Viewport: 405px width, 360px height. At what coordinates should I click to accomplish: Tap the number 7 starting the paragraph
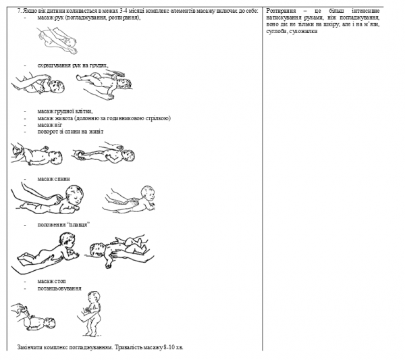(x=18, y=11)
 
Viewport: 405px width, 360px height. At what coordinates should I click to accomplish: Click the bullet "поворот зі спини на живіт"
(x=70, y=131)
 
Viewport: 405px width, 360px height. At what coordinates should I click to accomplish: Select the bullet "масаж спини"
(x=53, y=178)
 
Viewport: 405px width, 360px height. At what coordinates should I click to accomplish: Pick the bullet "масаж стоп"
(x=52, y=280)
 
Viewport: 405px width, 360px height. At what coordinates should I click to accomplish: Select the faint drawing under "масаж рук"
(x=57, y=41)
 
